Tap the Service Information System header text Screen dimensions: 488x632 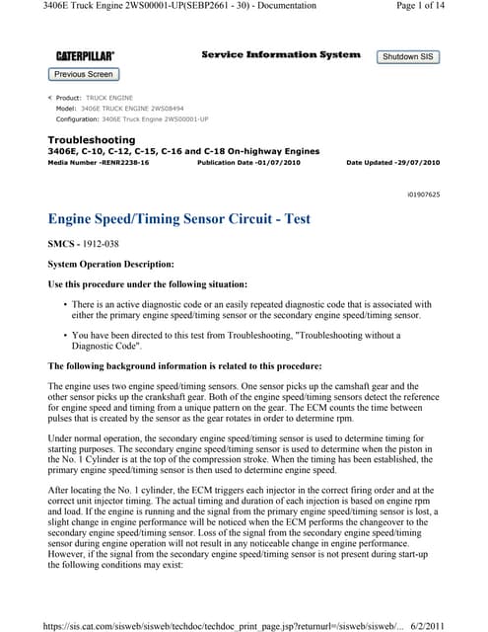(281, 54)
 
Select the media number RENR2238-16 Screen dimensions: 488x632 (99, 162)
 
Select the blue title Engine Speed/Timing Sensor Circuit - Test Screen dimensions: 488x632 (180, 219)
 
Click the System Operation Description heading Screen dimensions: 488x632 (110, 264)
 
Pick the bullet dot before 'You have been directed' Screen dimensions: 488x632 (65, 337)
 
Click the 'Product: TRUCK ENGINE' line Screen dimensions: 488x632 (99, 99)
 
